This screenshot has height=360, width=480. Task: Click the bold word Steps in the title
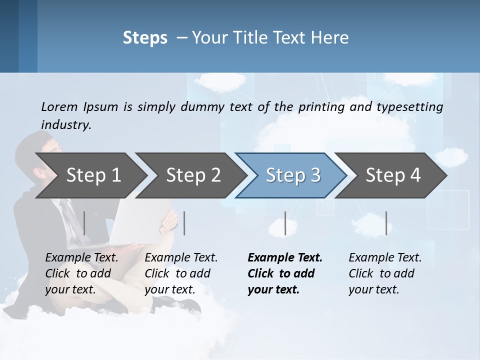click(x=145, y=38)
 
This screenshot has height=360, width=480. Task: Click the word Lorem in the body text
click(x=59, y=106)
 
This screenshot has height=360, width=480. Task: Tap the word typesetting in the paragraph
click(x=409, y=106)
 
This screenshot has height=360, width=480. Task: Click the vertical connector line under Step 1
click(x=84, y=223)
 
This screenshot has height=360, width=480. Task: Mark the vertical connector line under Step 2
click(x=184, y=223)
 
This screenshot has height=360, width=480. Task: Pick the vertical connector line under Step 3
click(x=285, y=223)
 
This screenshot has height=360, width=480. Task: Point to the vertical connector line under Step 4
click(x=386, y=223)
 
